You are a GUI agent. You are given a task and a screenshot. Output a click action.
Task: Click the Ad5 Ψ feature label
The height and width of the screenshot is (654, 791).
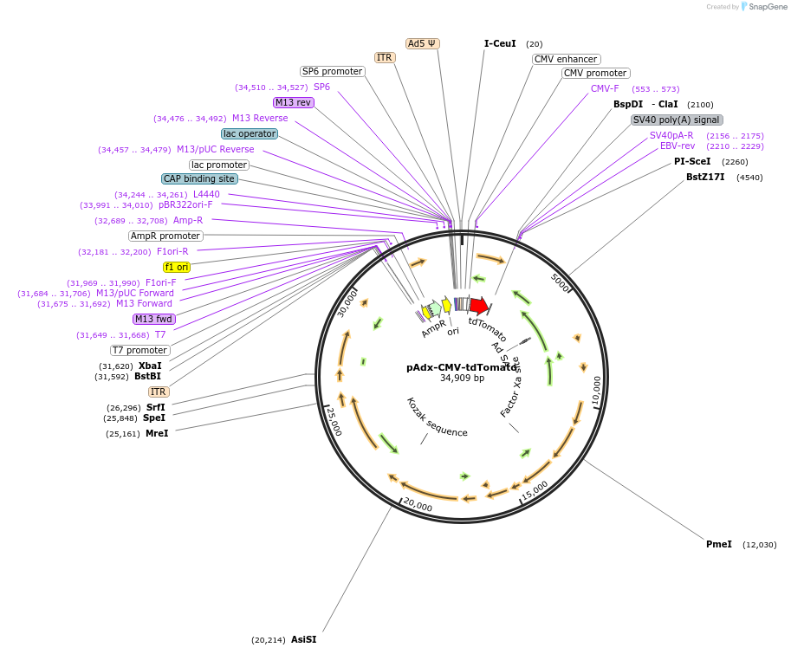pos(423,43)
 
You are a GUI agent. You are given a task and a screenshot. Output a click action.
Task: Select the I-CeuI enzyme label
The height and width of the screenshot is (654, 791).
pos(500,43)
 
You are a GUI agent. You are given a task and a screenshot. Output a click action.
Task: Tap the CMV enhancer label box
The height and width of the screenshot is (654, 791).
pos(566,59)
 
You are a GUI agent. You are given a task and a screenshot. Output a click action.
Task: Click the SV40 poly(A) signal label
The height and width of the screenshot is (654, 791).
pos(677,120)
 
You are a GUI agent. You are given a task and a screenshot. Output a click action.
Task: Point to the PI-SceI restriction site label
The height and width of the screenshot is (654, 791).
pos(692,161)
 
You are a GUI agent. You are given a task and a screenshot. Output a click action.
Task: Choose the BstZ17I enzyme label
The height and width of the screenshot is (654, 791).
pos(705,177)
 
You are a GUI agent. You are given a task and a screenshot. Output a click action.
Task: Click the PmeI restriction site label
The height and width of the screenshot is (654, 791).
pos(719,544)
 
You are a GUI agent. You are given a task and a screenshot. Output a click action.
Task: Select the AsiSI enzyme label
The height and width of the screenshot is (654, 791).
pos(304,639)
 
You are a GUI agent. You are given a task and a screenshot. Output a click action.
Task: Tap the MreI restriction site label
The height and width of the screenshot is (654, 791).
pos(157,433)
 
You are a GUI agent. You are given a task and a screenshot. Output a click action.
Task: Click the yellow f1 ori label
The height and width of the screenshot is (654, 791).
pos(177,267)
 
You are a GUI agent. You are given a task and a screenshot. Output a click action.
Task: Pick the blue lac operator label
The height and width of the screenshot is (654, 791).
pos(250,133)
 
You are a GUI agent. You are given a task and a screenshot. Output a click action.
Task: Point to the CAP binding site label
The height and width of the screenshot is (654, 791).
pos(199,178)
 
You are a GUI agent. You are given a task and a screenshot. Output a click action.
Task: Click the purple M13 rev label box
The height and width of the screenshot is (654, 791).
pos(293,102)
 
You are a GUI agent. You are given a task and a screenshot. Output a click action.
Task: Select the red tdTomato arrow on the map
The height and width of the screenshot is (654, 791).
pos(479,306)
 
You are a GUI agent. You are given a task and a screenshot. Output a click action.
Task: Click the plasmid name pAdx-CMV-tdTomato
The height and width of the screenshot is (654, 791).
pos(461,366)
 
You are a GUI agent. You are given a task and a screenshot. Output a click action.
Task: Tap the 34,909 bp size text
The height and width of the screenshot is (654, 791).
pos(462,378)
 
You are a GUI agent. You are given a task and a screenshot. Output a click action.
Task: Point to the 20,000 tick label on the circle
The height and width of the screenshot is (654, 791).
pos(417,505)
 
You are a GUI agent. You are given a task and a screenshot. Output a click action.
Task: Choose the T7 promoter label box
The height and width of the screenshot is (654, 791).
pos(139,350)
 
